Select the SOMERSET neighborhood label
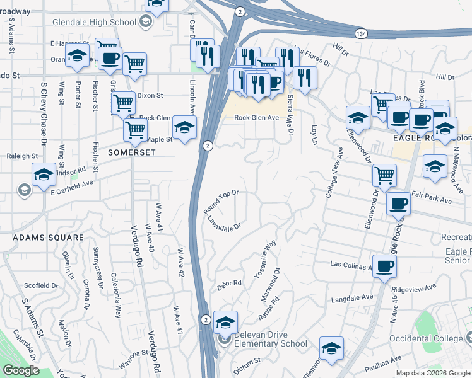[x=131, y=152]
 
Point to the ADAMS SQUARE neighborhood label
[x=48, y=238]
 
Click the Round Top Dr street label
[x=221, y=202]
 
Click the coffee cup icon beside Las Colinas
[x=384, y=265]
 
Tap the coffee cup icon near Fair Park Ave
[x=399, y=203]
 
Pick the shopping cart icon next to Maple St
[x=135, y=130]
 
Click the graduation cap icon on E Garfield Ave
[x=44, y=174]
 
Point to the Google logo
[x=21, y=370]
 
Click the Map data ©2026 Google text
[x=433, y=373]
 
